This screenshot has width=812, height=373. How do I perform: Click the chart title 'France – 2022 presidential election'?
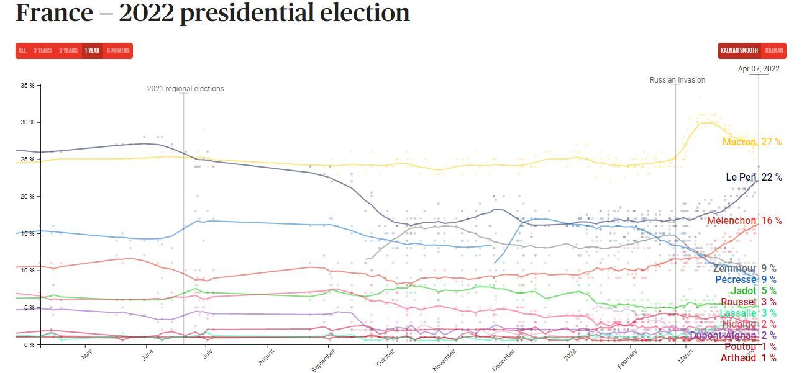pyautogui.click(x=212, y=14)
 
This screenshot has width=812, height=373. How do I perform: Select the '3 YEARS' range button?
pyautogui.click(x=43, y=51)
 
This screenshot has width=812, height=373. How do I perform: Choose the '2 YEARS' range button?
pyautogui.click(x=68, y=51)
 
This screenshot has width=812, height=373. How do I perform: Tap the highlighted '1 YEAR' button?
pyautogui.click(x=92, y=51)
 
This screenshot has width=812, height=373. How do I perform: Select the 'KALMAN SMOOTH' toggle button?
pyautogui.click(x=739, y=51)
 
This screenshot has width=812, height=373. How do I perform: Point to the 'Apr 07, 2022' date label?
pyautogui.click(x=758, y=69)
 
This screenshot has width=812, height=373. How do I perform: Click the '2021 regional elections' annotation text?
pyautogui.click(x=185, y=89)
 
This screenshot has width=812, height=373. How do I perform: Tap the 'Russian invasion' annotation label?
pyautogui.click(x=677, y=80)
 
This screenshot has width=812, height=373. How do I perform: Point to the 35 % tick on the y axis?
pyautogui.click(x=28, y=85)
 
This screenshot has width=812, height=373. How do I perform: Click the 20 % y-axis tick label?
pyautogui.click(x=28, y=196)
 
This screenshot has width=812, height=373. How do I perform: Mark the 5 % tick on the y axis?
pyautogui.click(x=29, y=307)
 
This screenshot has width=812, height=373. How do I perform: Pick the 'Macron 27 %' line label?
pyautogui.click(x=752, y=142)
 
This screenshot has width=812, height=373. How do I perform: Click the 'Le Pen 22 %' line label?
pyautogui.click(x=754, y=178)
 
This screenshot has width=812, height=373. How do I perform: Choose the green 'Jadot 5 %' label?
pyautogui.click(x=753, y=291)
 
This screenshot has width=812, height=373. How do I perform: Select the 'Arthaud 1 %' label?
pyautogui.click(x=748, y=358)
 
